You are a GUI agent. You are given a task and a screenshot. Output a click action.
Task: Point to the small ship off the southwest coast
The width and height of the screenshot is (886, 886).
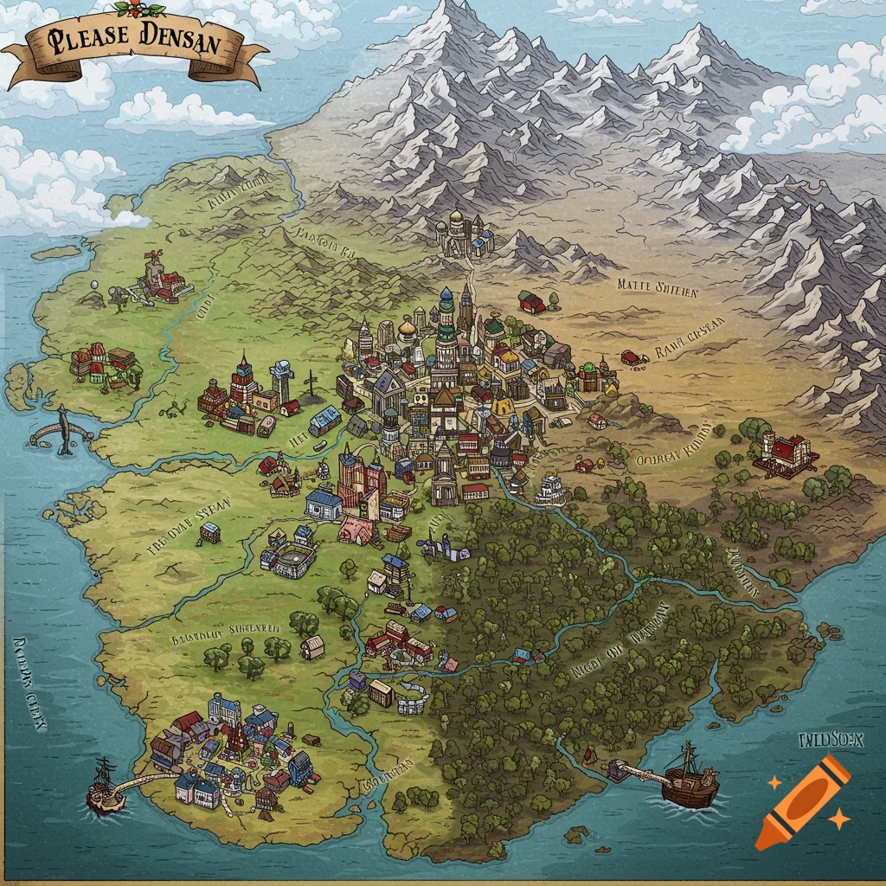click(x=103, y=787)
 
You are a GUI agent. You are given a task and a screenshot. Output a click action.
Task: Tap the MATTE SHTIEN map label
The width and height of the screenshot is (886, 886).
click(x=658, y=288)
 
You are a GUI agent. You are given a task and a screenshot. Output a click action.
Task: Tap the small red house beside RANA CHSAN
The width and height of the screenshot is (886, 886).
click(x=633, y=356)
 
